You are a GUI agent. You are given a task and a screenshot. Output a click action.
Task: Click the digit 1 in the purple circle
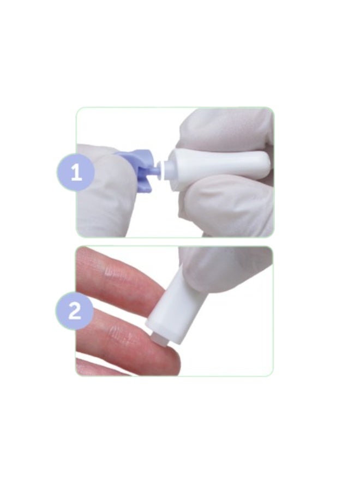click(76, 172)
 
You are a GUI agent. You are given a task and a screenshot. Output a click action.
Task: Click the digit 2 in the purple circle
click(75, 312)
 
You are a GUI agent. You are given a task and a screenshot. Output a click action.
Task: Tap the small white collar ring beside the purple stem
click(162, 170)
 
